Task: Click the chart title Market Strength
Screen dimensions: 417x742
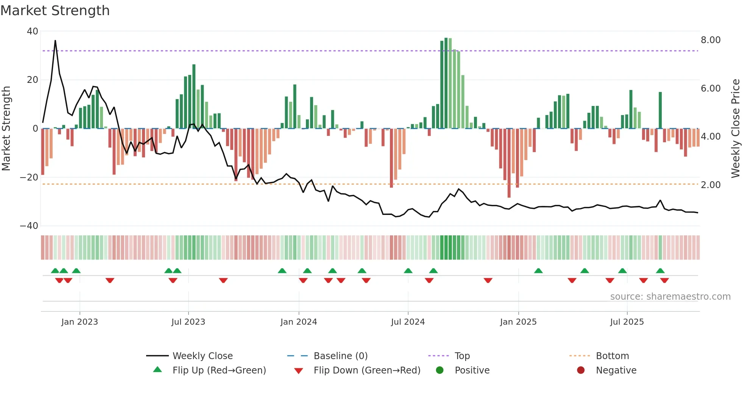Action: pyautogui.click(x=55, y=11)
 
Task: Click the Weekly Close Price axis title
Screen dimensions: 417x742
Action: pyautogui.click(x=735, y=129)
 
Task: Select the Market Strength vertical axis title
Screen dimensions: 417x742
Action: pyautogui.click(x=6, y=129)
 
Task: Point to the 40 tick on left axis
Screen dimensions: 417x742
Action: pyautogui.click(x=33, y=31)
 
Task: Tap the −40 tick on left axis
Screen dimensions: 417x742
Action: pyautogui.click(x=29, y=226)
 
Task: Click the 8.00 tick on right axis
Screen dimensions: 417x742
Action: pyautogui.click(x=710, y=40)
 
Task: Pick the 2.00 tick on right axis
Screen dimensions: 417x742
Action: pyautogui.click(x=710, y=185)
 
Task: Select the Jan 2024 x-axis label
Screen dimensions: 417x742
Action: pyautogui.click(x=298, y=322)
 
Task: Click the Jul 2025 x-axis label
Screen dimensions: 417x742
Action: pyautogui.click(x=627, y=322)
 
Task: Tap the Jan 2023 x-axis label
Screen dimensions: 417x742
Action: pyautogui.click(x=79, y=322)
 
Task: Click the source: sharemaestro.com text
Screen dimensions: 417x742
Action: pyautogui.click(x=670, y=297)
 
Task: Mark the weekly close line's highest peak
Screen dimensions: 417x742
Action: pyautogui.click(x=55, y=40)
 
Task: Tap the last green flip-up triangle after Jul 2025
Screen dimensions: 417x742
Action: pyautogui.click(x=660, y=271)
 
